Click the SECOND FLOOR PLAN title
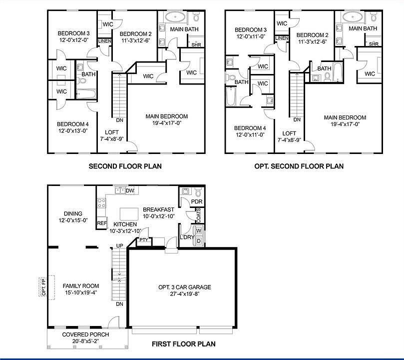125,166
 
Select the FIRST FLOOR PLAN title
184,343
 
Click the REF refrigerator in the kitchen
102,223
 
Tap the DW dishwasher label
130,190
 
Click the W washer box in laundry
198,231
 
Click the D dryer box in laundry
198,241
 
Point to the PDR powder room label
196,202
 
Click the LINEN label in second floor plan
104,41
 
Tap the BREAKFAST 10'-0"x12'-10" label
158,212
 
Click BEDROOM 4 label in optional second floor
248,131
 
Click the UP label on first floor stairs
119,245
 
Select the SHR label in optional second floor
373,44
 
